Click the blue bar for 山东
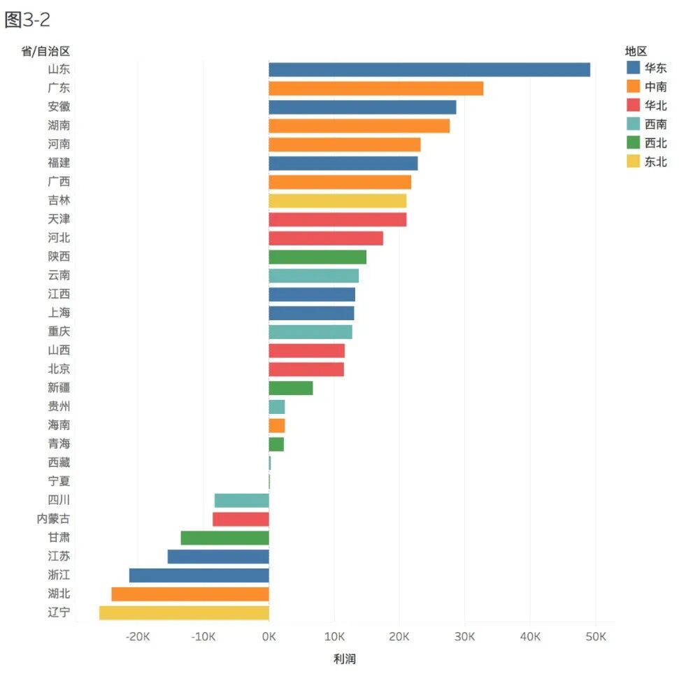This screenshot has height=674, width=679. point(429,70)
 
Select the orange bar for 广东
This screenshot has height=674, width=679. point(376,89)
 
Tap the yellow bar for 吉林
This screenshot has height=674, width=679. point(337,201)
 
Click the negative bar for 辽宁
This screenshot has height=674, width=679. point(184,613)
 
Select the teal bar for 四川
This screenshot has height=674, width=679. point(241,501)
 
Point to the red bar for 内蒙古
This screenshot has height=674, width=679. point(241,519)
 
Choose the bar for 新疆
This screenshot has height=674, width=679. point(290,388)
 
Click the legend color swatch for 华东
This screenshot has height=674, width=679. point(633,68)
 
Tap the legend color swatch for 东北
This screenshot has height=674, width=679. point(633,162)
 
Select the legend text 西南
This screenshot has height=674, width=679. point(656,124)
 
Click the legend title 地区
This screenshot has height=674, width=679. point(636,51)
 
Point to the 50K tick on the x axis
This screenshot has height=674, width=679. point(595,636)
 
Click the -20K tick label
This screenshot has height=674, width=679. point(138,636)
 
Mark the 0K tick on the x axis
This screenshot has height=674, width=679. point(269,636)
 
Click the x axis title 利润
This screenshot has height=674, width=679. point(344,659)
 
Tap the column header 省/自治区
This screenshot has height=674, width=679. point(45,51)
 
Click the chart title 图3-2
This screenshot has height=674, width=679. point(27,20)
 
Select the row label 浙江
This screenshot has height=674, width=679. point(59,575)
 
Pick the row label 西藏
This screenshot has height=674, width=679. point(59,463)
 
